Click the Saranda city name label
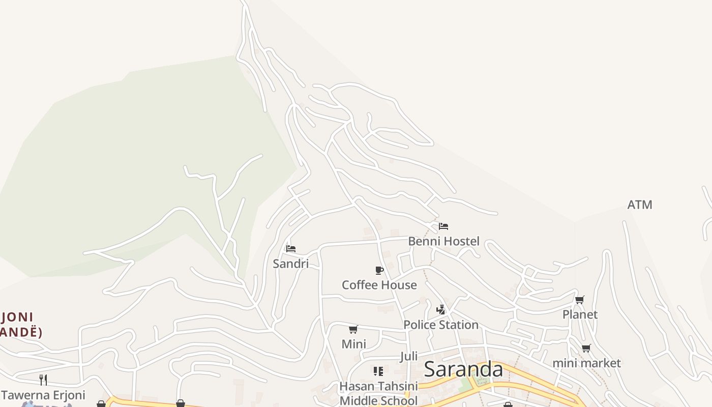click(463, 369)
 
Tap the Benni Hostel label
click(443, 241)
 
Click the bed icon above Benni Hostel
click(443, 226)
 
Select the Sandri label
click(290, 264)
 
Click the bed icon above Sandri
click(291, 249)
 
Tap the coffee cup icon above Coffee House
click(379, 270)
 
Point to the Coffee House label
click(379, 285)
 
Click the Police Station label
click(440, 325)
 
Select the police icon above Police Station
click(441, 309)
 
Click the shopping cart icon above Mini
click(353, 330)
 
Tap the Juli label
click(409, 356)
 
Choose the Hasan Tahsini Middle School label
click(378, 393)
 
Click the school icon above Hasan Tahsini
click(378, 371)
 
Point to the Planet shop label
click(580, 314)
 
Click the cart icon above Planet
click(579, 300)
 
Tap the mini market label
click(586, 363)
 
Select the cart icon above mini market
click(586, 348)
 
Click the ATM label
click(639, 205)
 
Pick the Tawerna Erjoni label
click(43, 395)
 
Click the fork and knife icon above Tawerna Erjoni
click(43, 380)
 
